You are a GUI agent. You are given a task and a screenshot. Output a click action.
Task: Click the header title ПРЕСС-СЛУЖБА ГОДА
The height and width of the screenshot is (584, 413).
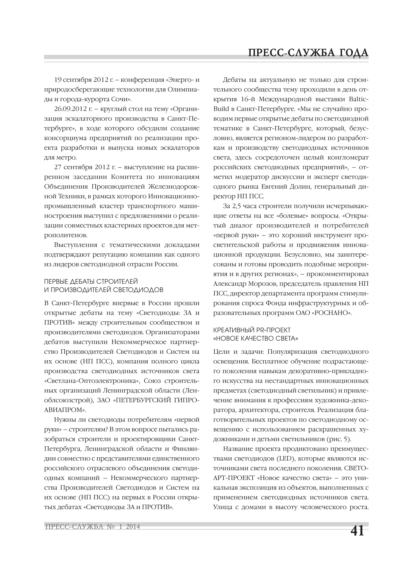point(308,53)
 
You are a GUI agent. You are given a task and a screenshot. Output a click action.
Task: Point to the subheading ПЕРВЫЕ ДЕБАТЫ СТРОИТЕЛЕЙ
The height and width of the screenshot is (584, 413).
point(91,282)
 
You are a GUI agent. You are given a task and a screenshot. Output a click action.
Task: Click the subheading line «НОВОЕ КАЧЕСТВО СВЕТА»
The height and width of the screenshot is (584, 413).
point(256,338)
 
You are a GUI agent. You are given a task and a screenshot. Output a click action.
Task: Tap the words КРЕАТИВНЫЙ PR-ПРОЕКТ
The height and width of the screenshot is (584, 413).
point(252,330)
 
